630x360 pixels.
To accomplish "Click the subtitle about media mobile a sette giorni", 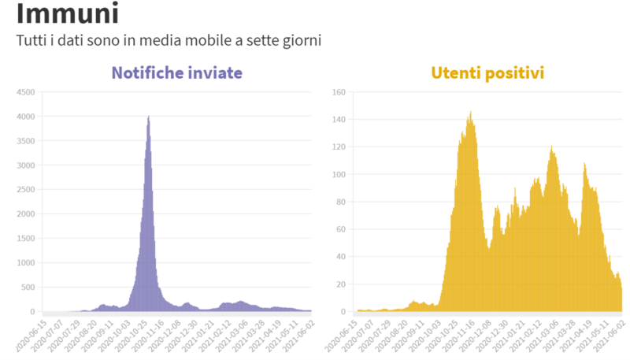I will tap(169, 40).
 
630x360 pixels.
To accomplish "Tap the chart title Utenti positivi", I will tap(487, 73).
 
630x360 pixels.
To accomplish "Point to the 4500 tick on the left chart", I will tap(25, 92).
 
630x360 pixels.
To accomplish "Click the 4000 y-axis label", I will tap(25, 117).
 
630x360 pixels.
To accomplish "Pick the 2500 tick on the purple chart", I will tap(25, 190).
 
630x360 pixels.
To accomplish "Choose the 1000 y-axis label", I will tap(25, 263).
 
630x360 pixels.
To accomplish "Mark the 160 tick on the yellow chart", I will tap(340, 92).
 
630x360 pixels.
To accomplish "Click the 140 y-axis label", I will tap(340, 120).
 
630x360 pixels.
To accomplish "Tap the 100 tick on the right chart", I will tap(340, 175).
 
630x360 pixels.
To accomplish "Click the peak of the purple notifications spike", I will tap(149, 117).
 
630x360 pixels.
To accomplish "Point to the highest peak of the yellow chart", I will tap(470, 113).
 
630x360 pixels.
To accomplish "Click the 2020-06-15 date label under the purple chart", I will tap(29, 335).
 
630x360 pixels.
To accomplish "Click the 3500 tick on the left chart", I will tap(25, 141).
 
